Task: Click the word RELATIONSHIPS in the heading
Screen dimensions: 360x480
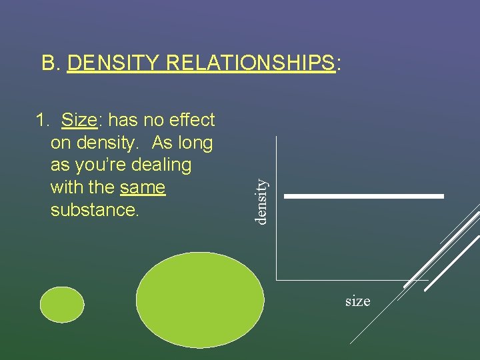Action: [249, 63]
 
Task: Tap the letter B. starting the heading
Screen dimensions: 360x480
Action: [52, 63]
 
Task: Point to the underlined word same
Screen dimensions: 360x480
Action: [143, 187]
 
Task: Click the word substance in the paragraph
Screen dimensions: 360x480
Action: [93, 209]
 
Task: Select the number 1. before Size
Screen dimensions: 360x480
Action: [43, 120]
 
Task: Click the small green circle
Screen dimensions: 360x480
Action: [62, 305]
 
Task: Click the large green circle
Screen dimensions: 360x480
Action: [200, 299]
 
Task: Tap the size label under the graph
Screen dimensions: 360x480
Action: [357, 301]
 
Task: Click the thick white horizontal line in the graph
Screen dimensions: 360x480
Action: [364, 196]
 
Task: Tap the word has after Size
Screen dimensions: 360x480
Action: [122, 120]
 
